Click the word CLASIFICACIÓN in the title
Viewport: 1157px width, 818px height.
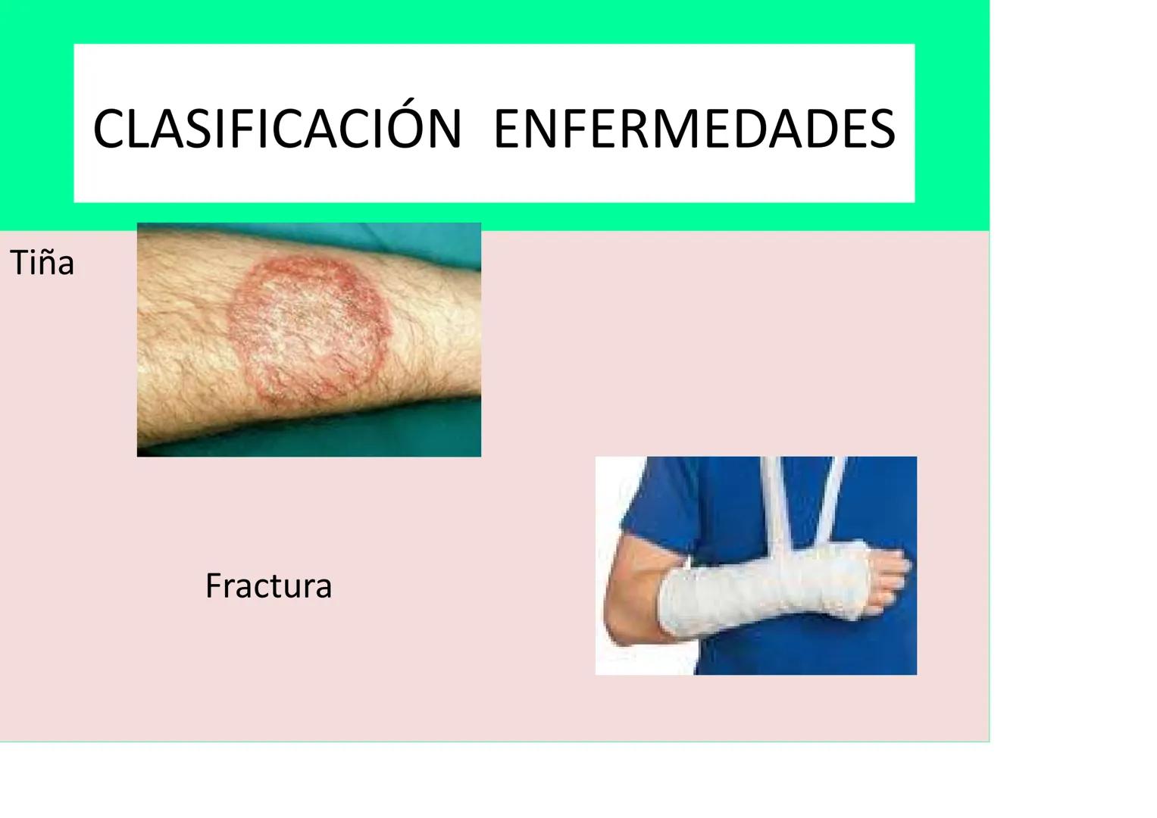277,129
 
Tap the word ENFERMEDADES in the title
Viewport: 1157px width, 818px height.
694,129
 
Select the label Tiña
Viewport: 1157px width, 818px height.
42,264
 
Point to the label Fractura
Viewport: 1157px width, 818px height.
268,586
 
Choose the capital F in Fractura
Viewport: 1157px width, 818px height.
213,586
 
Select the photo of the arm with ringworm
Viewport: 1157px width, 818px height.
308,339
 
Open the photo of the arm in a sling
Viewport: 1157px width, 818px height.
755,565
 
